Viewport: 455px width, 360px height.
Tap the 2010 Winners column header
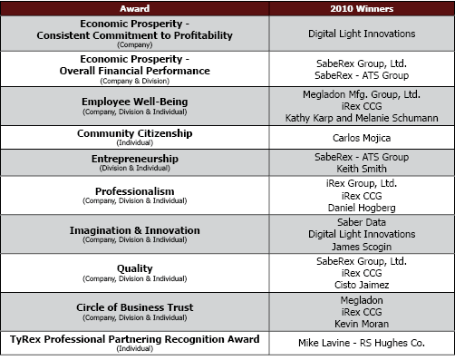pos(360,8)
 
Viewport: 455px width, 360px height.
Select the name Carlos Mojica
pos(360,138)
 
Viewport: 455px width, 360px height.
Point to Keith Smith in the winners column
pos(360,169)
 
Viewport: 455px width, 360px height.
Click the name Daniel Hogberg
pos(360,208)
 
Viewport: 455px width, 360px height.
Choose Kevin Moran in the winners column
pos(360,323)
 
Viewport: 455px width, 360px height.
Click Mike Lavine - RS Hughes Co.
pos(360,344)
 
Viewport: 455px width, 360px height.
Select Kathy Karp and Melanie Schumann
pos(360,118)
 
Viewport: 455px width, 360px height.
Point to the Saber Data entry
pos(360,220)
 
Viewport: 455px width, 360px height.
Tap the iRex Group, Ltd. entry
pos(360,182)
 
